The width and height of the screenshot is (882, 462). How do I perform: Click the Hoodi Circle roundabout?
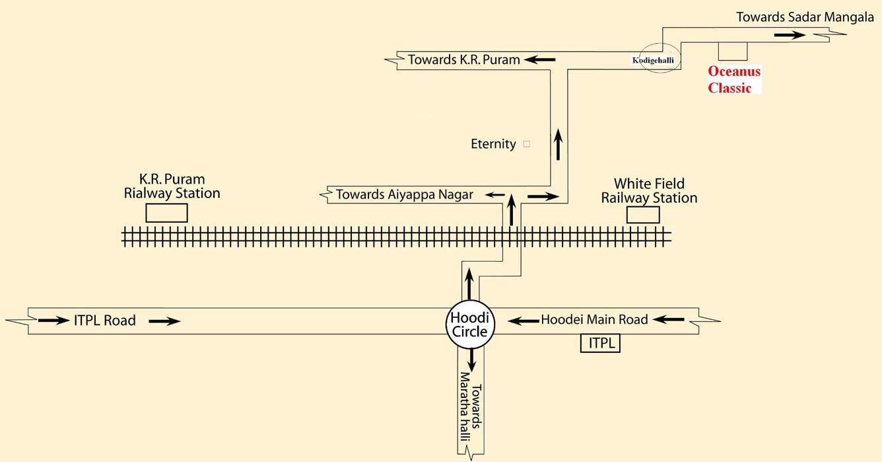coord(469,324)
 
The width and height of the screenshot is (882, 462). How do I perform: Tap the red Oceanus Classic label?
coord(733,79)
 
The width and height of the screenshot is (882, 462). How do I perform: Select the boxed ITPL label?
coord(600,344)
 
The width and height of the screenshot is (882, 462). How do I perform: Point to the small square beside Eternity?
coord(526,143)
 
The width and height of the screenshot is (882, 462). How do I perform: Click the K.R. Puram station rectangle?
coord(166,213)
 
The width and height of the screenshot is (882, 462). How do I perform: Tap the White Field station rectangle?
coord(642,215)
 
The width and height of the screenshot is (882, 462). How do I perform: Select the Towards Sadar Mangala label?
coord(805,17)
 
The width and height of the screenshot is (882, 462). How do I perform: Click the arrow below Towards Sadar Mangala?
coord(790,34)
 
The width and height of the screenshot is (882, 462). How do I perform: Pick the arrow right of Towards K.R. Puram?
coord(540,60)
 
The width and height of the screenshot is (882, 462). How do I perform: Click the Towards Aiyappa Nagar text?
coord(404,195)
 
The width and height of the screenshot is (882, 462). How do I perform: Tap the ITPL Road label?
coord(105,321)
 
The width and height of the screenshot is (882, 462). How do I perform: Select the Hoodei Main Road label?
coord(594,320)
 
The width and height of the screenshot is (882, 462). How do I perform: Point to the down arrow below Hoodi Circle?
coord(471,359)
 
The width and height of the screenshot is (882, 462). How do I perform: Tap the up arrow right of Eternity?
coord(559,145)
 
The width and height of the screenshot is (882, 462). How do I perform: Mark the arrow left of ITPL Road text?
coord(53,321)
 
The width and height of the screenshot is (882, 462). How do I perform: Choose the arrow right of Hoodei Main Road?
coord(669,320)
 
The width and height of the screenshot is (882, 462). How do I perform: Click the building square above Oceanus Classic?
coord(733,51)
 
